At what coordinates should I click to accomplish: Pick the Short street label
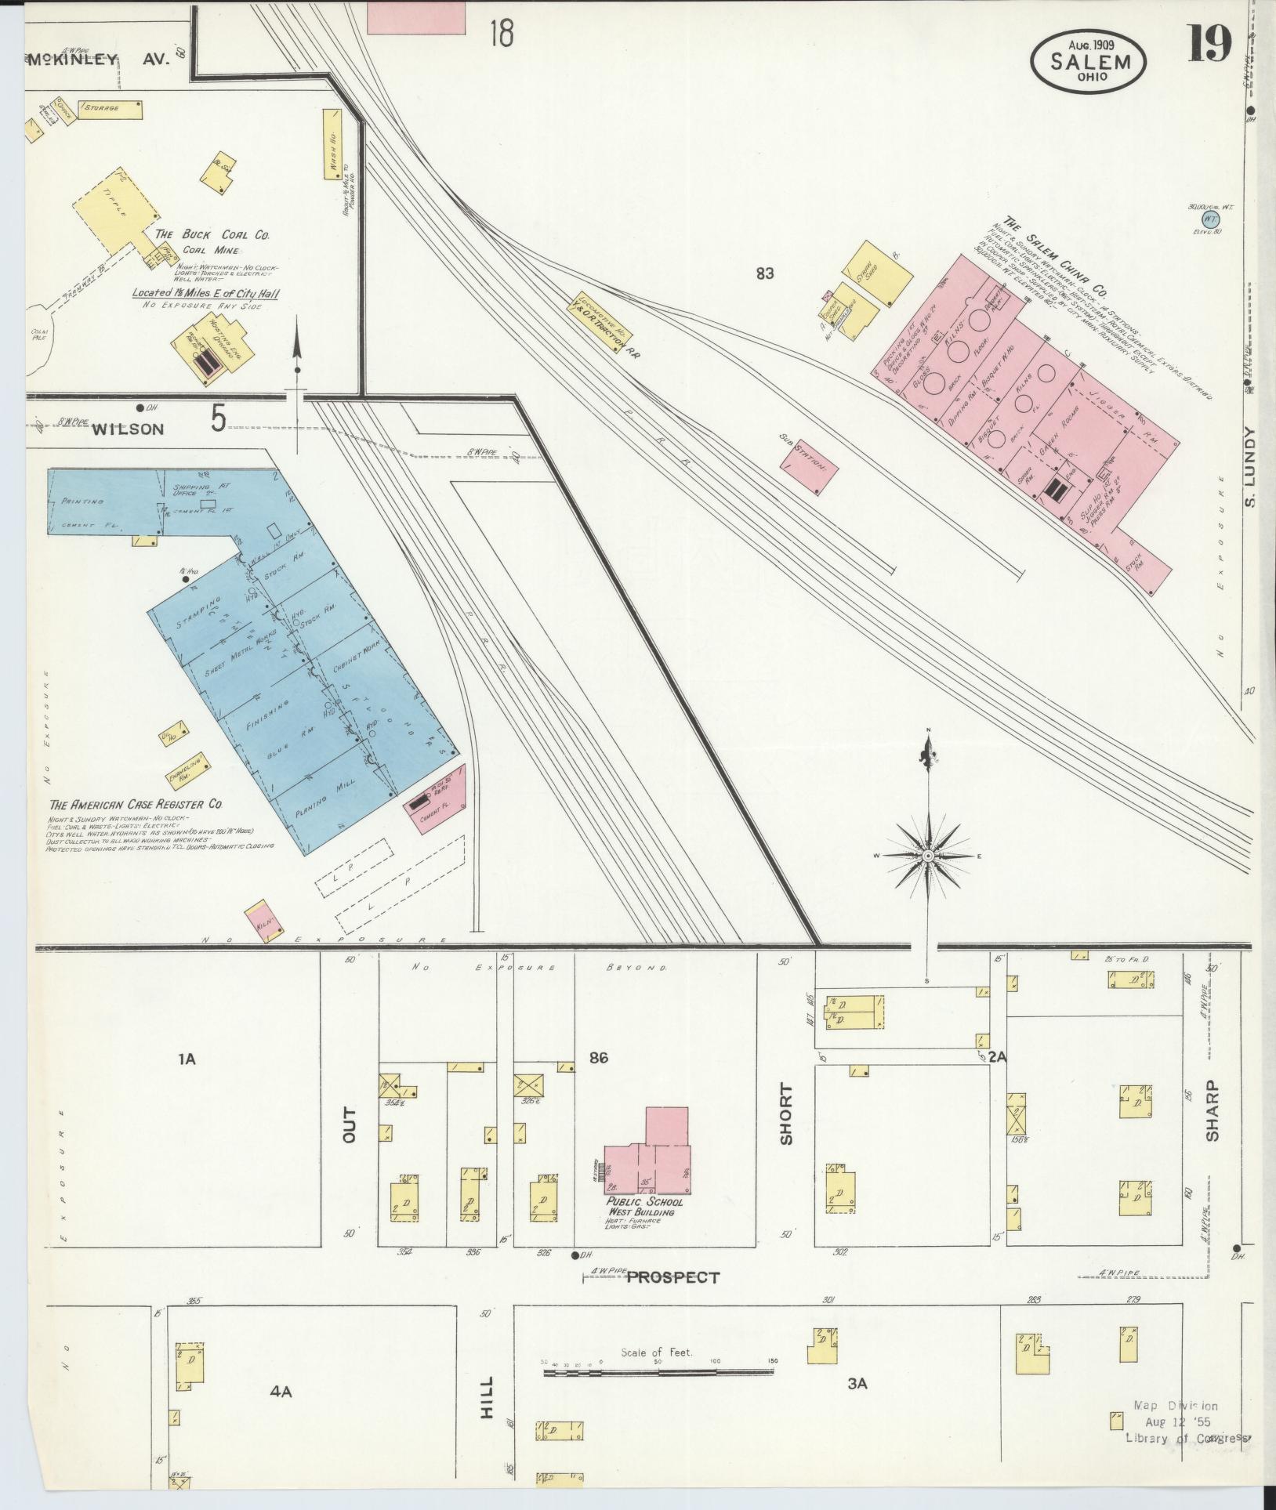click(786, 1114)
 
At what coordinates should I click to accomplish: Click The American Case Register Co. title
click(136, 805)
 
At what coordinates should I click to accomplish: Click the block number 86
click(599, 1059)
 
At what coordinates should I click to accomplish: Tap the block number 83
click(765, 273)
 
